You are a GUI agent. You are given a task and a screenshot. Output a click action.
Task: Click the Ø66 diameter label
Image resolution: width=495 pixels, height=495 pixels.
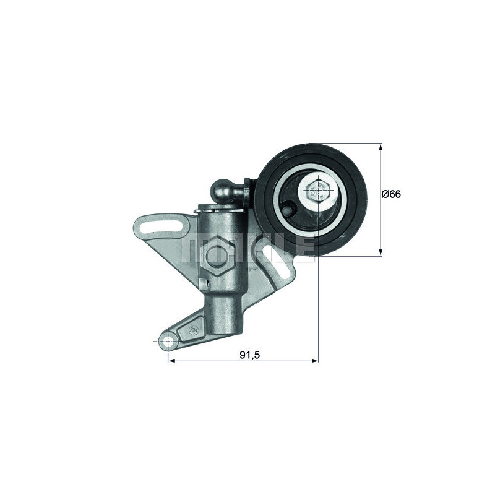(392, 194)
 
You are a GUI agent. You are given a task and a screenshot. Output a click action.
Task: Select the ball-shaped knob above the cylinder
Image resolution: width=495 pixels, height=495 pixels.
(224, 190)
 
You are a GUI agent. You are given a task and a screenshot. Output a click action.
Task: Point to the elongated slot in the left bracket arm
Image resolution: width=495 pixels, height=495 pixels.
(157, 229)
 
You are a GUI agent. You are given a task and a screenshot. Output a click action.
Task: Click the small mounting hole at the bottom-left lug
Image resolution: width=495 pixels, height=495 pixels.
(168, 341)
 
